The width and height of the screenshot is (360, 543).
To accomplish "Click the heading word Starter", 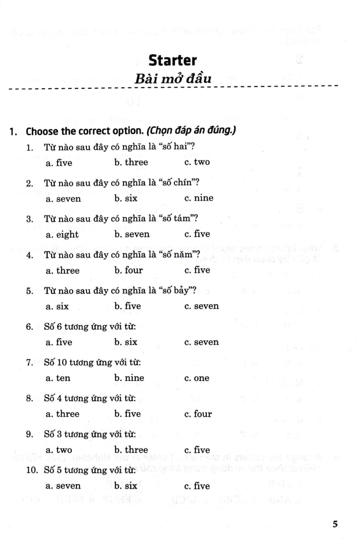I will tap(173, 60).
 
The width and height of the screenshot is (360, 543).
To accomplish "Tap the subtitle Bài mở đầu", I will tap(173, 78).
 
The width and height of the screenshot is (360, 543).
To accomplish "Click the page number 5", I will tap(335, 524).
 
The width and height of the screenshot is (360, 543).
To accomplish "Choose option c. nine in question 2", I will tap(199, 198).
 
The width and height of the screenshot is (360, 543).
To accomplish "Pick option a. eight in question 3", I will tap(62, 234).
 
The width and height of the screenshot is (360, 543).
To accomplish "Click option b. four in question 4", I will tap(128, 271).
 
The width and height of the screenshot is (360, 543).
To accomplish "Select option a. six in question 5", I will tap(57, 306).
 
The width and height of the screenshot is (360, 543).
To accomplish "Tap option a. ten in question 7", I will tap(58, 378).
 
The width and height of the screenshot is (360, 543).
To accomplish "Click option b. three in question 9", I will tap(131, 450).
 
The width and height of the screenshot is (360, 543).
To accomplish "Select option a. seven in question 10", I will tap(63, 486).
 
